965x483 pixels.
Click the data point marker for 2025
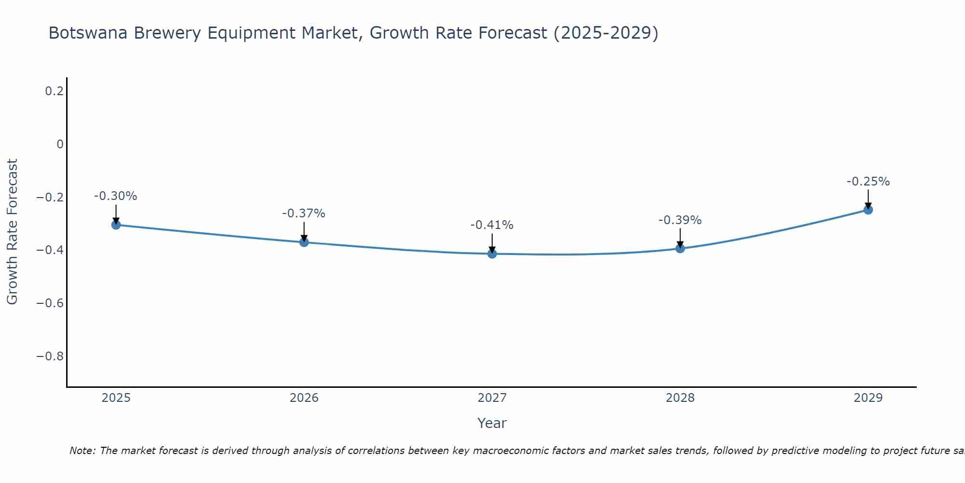point(116,225)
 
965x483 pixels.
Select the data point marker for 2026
point(304,242)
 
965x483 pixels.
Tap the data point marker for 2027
point(492,254)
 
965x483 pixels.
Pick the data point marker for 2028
point(680,248)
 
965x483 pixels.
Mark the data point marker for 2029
point(868,210)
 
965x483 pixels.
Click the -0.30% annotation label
point(115,196)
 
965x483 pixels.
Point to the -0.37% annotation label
point(303,213)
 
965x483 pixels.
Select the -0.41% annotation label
point(492,225)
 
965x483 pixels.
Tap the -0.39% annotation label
point(680,220)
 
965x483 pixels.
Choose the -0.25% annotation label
point(868,182)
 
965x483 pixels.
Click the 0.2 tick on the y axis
point(54,91)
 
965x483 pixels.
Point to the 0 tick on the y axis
point(60,144)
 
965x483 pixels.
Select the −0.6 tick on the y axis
point(50,303)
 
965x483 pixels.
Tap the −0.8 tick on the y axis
point(50,356)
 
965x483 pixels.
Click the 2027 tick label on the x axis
point(492,398)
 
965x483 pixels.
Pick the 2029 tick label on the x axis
point(868,398)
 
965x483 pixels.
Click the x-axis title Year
point(492,423)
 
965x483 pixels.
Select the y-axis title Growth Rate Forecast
point(12,232)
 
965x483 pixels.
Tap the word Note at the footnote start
point(82,451)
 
